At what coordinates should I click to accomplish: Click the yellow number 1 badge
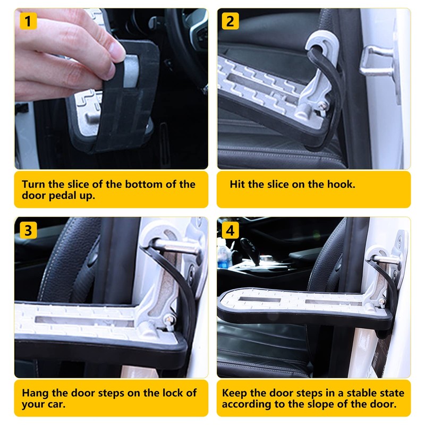pyautogui.click(x=28, y=21)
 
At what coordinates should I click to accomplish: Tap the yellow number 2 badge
pyautogui.click(x=230, y=21)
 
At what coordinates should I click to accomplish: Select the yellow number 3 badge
pyautogui.click(x=28, y=231)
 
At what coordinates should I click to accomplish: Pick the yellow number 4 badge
pyautogui.click(x=230, y=231)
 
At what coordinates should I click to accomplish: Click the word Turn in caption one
pyautogui.click(x=33, y=184)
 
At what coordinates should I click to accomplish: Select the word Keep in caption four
pyautogui.click(x=234, y=393)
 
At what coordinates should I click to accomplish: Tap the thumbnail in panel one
pyautogui.click(x=117, y=50)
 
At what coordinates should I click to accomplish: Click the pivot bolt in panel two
pyautogui.click(x=322, y=105)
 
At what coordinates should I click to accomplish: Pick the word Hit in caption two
pyautogui.click(x=237, y=184)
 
